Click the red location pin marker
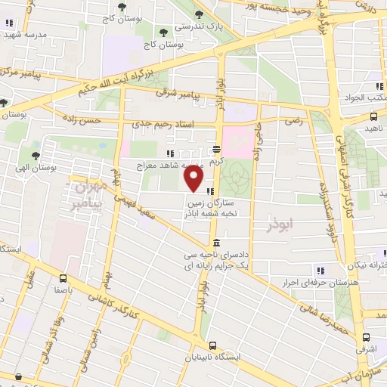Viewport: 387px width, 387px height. point(194,180)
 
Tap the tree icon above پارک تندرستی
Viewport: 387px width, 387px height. point(199,14)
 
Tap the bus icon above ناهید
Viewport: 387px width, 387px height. point(374,116)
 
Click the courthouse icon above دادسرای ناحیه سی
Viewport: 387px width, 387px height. point(217,243)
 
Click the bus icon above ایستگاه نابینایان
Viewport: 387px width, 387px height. point(212,345)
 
